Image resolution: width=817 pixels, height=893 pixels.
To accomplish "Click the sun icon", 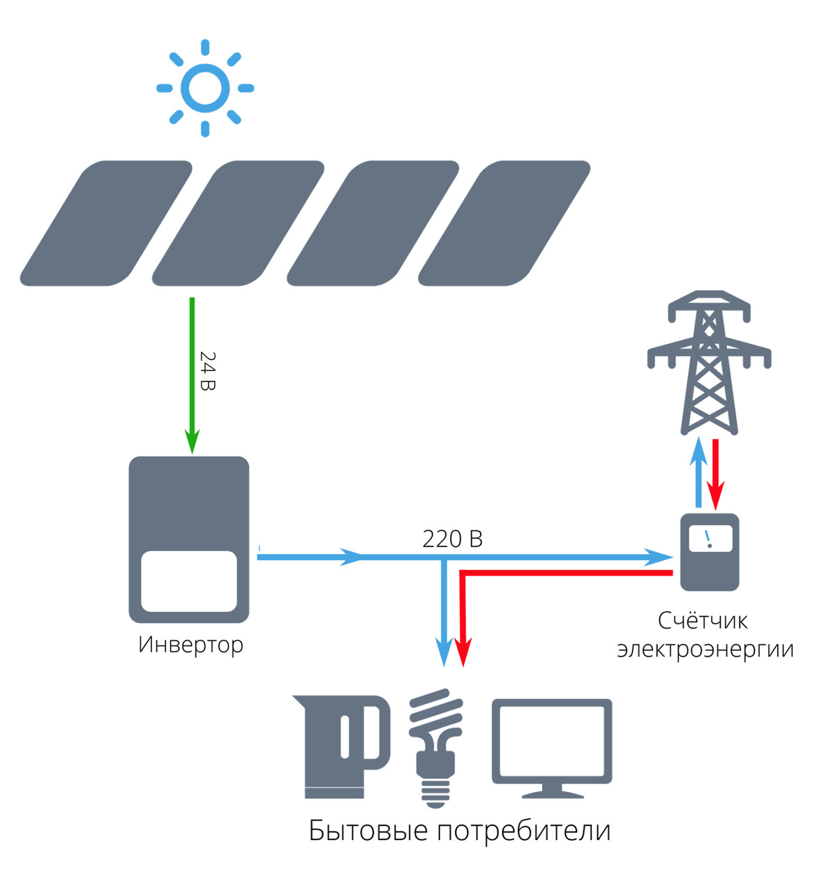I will click(x=205, y=89).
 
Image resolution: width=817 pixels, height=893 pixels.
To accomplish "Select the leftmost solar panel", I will click(x=105, y=223).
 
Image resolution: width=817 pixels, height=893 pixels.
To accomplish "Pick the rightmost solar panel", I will click(x=504, y=223).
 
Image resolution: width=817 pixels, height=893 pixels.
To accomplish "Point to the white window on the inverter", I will click(x=189, y=581).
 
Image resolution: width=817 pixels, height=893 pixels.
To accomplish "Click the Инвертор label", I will click(x=190, y=644).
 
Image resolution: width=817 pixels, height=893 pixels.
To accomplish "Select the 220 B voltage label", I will click(x=452, y=539).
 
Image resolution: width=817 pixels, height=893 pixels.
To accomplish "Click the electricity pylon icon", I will click(x=709, y=363).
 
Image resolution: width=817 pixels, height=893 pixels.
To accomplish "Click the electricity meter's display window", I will click(x=710, y=539).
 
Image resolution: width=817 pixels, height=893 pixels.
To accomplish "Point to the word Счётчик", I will click(x=703, y=620).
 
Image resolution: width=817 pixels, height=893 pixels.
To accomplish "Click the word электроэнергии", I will click(x=705, y=649).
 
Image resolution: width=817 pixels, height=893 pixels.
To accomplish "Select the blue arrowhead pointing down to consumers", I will click(x=444, y=652).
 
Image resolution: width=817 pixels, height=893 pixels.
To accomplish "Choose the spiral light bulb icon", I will click(x=435, y=746).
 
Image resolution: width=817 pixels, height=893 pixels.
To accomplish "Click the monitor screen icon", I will click(x=552, y=746).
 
